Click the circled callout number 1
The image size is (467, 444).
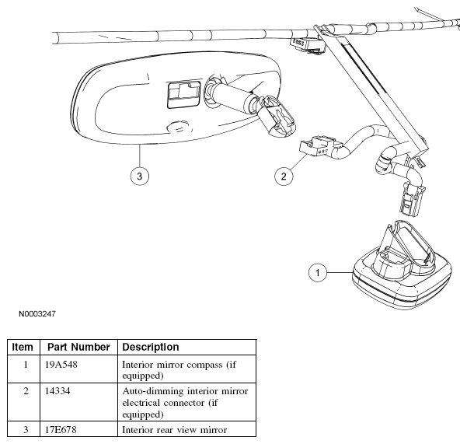pos(318,273)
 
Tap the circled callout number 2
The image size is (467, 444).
pos(284,176)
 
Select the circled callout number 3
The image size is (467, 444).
pos(140,176)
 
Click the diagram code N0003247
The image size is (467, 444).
pos(37,314)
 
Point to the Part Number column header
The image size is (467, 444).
pos(78,347)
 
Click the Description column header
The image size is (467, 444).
pos(151,347)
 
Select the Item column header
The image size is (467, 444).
pos(23,347)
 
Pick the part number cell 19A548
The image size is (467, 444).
pos(61,365)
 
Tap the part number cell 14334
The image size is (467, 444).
pos(58,390)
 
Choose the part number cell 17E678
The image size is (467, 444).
pos(61,430)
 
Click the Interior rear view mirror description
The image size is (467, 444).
pos(175,430)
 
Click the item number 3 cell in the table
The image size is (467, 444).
pos(26,430)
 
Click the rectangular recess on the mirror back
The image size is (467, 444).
pos(183,94)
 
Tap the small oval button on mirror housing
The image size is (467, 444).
pos(179,128)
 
